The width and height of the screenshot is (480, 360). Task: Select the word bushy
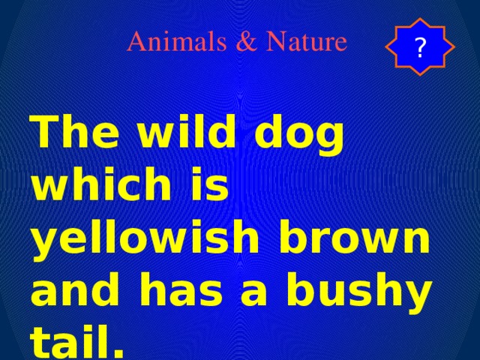coord(364,289)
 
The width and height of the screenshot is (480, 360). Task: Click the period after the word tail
coord(112,347)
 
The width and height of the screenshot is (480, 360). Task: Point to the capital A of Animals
coord(135,42)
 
